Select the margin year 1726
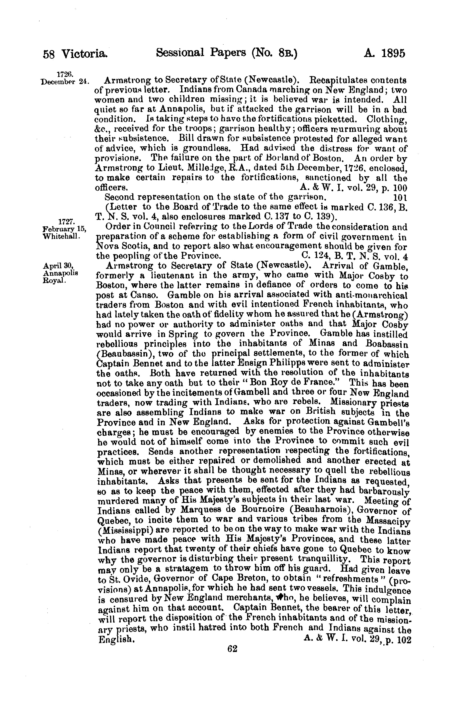[65, 73]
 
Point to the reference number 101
[400, 197]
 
